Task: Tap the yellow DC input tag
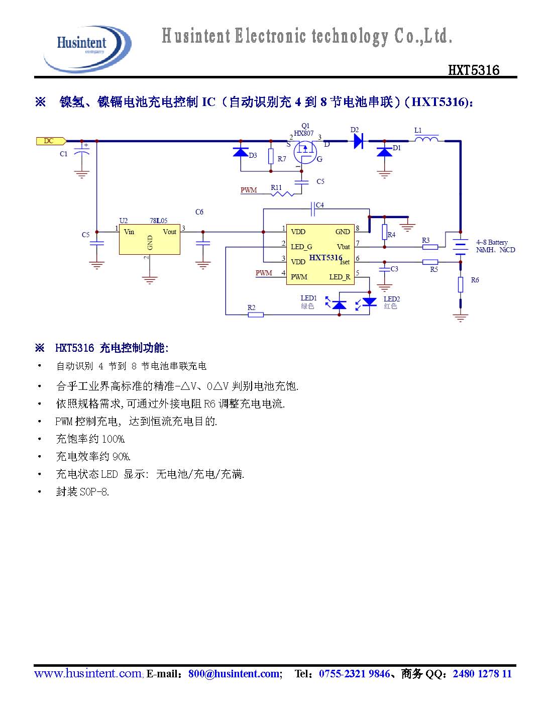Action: click(51, 141)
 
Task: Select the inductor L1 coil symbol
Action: click(425, 139)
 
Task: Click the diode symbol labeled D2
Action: click(358, 141)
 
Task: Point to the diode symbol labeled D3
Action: click(241, 151)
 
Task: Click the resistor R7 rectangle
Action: click(271, 156)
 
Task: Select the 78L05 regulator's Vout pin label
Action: click(170, 232)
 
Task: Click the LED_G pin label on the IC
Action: click(301, 247)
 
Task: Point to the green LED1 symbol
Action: click(340, 304)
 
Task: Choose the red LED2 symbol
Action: click(370, 302)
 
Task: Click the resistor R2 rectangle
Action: click(256, 315)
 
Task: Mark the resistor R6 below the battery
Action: click(460, 284)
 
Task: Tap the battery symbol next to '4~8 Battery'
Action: click(460, 246)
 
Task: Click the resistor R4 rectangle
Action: click(384, 232)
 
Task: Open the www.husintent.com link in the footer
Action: click(88, 674)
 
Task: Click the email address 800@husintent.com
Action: click(234, 674)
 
